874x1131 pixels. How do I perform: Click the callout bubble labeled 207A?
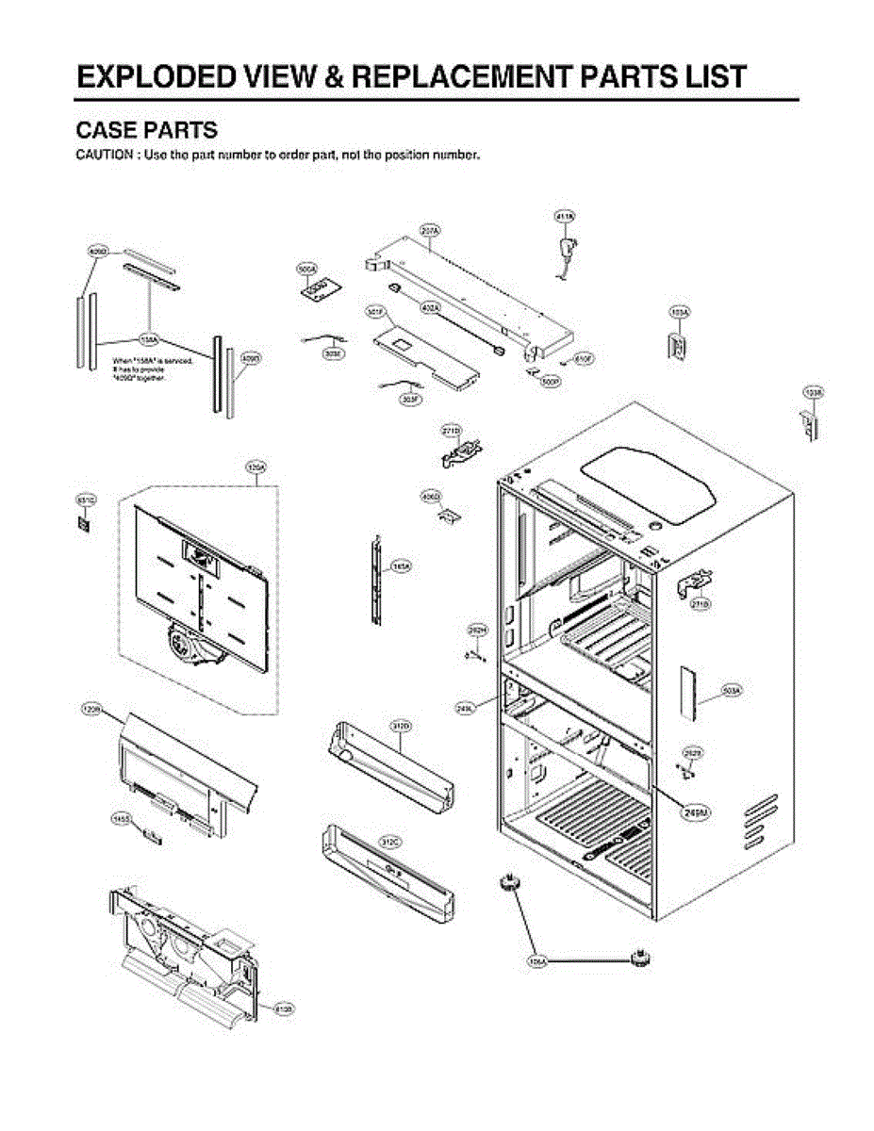pyautogui.click(x=431, y=229)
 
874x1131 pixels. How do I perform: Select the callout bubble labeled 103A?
pyautogui.click(x=679, y=311)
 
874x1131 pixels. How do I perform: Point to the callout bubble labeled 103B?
pyautogui.click(x=812, y=390)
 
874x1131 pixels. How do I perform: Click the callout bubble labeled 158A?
pyautogui.click(x=149, y=337)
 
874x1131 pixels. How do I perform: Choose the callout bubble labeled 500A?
pyautogui.click(x=306, y=270)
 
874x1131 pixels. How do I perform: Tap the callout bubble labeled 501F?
pyautogui.click(x=375, y=310)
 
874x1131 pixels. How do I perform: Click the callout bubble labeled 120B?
pyautogui.click(x=91, y=709)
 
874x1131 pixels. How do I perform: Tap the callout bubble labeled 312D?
pyautogui.click(x=400, y=726)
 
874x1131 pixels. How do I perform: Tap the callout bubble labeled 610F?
pyautogui.click(x=584, y=359)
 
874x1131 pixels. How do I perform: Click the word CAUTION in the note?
pyautogui.click(x=103, y=155)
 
